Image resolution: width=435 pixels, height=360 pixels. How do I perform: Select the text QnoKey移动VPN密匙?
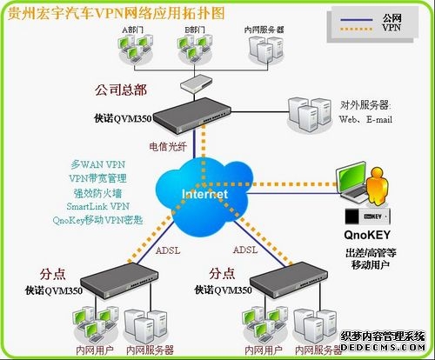109,222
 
